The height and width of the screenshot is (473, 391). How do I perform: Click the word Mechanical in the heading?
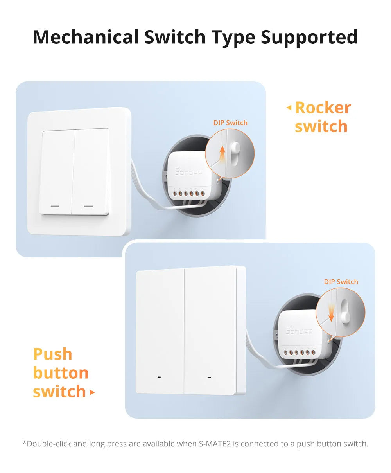click(x=86, y=37)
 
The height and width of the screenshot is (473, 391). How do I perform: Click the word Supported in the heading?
click(x=309, y=37)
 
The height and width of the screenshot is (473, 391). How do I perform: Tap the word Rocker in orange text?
click(x=323, y=108)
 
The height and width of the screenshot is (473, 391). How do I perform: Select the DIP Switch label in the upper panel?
click(x=230, y=123)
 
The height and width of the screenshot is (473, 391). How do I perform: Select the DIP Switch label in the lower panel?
click(x=341, y=282)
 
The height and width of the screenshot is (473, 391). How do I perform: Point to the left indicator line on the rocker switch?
click(x=55, y=206)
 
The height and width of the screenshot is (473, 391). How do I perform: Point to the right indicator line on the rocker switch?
click(x=89, y=206)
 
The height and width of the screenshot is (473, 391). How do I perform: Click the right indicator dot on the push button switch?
click(x=209, y=378)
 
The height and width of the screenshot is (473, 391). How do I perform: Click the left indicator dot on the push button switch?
click(x=159, y=378)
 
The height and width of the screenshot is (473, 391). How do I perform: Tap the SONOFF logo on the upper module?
click(x=189, y=172)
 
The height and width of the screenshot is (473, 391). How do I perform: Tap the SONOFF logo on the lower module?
click(x=299, y=331)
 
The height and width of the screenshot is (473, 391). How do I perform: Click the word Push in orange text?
click(x=53, y=354)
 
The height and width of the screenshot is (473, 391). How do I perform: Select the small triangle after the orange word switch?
click(x=92, y=392)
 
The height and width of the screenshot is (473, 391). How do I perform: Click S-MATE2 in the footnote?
click(x=216, y=444)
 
